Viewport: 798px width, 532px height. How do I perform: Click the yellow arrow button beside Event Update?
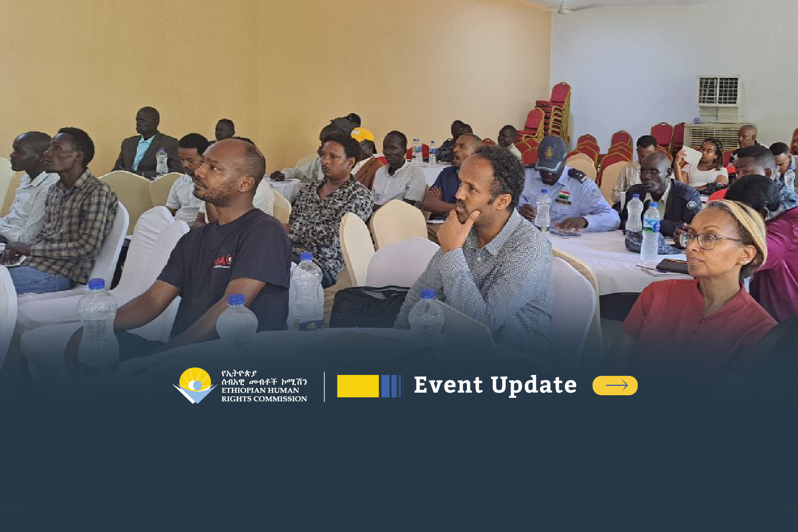point(615,385)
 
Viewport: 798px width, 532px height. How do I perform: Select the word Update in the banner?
point(534,386)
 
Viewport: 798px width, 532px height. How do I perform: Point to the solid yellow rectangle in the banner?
point(358,386)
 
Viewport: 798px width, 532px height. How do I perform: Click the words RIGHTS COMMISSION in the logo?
point(264,399)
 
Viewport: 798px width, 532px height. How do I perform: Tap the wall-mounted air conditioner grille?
point(718,91)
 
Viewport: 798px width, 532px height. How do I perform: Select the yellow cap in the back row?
point(363,135)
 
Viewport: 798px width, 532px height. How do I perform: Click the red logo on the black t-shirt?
point(223,262)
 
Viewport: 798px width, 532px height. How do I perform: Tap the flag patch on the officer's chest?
point(563,195)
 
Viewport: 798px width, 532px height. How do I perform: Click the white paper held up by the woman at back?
point(691,155)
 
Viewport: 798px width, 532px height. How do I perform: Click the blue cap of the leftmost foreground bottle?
point(96,284)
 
